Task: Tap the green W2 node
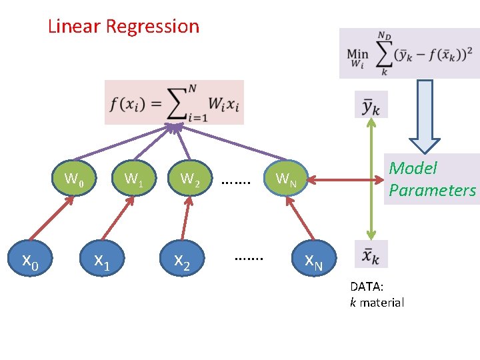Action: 190,179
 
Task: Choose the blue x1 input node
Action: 101,259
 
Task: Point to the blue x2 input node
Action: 182,259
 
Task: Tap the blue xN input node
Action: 313,259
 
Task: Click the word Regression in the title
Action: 153,27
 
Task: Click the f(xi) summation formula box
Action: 174,103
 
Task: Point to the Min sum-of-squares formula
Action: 409,53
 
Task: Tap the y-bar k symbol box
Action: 371,105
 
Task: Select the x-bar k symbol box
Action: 371,254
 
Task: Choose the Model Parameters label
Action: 432,179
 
